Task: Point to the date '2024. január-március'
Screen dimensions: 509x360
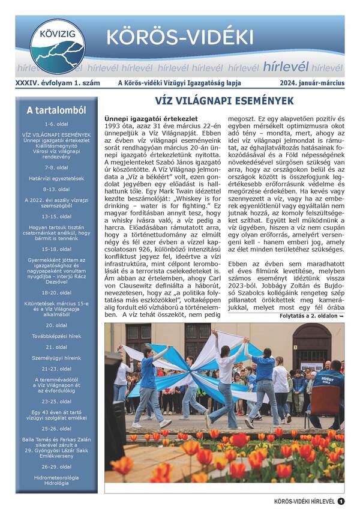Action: pos(312,83)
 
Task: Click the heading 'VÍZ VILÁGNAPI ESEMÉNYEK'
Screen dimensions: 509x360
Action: pos(224,100)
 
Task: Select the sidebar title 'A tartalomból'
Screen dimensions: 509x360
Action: pos(56,110)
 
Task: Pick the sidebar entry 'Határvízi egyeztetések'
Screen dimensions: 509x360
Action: pos(56,178)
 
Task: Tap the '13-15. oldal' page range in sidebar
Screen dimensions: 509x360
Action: pos(56,216)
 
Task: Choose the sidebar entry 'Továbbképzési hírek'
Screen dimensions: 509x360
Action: pos(56,337)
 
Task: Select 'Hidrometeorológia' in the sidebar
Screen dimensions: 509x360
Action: pos(56,477)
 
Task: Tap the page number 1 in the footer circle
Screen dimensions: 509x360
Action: pos(341,501)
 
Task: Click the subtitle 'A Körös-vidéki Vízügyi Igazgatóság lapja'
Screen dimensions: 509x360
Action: pos(184,83)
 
